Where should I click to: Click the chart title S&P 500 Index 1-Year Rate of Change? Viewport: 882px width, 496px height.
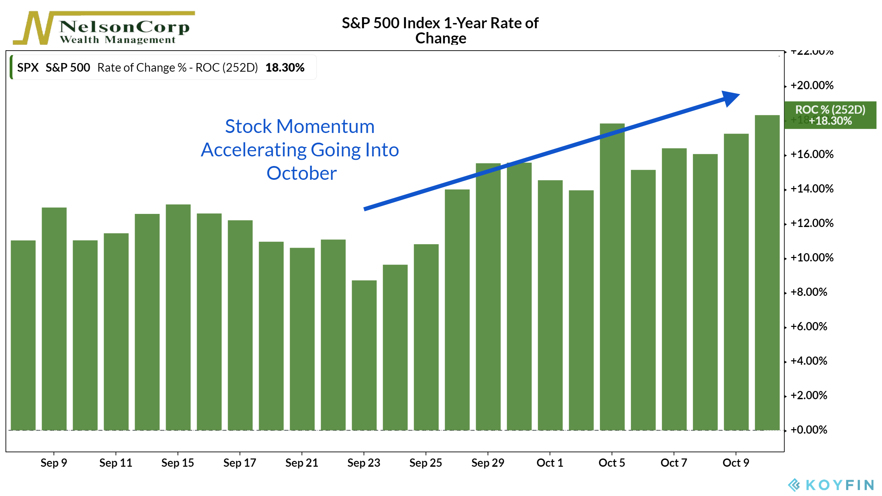[x=440, y=30]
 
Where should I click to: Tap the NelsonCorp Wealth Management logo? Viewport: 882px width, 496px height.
[x=103, y=28]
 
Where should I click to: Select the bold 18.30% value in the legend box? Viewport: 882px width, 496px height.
[x=285, y=68]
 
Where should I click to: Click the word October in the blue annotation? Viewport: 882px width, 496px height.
[x=301, y=173]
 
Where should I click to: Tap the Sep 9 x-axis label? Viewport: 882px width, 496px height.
[x=54, y=463]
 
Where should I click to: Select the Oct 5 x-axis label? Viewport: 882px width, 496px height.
[x=612, y=463]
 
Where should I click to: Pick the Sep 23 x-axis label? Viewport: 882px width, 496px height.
[x=363, y=463]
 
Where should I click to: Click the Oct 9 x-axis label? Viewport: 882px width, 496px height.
[x=736, y=463]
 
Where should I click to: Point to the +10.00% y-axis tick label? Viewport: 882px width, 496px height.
[x=812, y=258]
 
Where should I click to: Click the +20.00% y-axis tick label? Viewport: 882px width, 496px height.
[x=812, y=85]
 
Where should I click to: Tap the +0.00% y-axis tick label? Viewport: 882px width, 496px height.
[x=808, y=430]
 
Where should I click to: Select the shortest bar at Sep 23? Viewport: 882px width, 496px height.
[x=364, y=355]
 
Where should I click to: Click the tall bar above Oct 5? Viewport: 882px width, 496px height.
[x=612, y=276]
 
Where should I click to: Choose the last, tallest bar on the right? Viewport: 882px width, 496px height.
[x=767, y=272]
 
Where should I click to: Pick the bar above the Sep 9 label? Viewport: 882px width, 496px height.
[x=54, y=319]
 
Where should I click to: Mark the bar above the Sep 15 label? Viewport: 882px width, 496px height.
[x=178, y=317]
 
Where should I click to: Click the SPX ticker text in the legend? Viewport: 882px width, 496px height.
[x=28, y=68]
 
